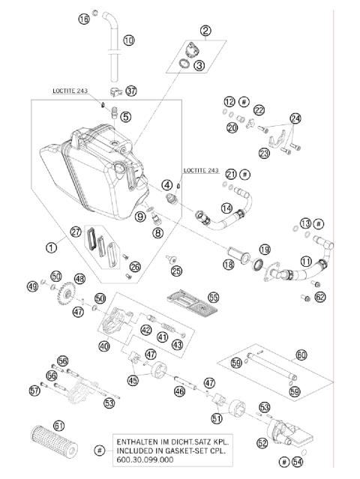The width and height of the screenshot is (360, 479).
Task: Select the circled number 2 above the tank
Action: pos(205,31)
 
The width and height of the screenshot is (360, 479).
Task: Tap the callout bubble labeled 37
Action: pos(132,91)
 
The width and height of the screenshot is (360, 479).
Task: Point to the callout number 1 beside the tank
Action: pos(51,245)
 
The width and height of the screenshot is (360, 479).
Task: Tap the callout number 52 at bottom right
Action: pos(262,442)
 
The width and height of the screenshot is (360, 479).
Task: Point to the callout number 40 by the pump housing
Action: pos(103,346)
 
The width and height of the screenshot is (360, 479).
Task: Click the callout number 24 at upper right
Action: pos(295,118)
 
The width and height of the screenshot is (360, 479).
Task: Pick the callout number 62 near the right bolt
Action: pos(320,297)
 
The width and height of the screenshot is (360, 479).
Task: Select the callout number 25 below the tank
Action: pos(176,270)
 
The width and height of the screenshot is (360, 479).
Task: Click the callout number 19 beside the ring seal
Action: pos(264,248)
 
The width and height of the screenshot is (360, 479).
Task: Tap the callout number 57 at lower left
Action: pos(34,390)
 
